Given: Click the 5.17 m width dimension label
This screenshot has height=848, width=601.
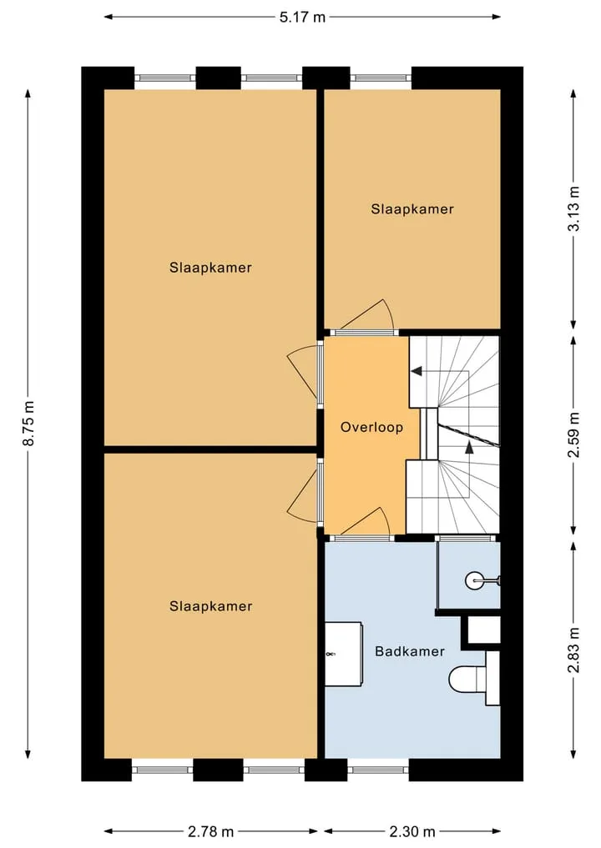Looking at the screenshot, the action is click(x=302, y=18).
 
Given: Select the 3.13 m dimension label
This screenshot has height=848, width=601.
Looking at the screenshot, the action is click(x=573, y=208).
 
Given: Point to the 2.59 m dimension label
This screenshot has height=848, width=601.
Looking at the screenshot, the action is click(x=573, y=434).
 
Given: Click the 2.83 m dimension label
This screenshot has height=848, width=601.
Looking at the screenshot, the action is click(x=573, y=650).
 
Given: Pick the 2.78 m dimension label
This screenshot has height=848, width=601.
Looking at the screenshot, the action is click(x=210, y=831).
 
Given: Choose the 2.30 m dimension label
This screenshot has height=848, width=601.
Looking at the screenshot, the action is click(x=412, y=831).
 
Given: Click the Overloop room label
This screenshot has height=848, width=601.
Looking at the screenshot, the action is click(x=371, y=427).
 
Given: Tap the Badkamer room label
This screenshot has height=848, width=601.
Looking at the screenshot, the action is click(x=410, y=651).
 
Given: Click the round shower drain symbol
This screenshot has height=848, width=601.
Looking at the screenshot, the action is click(x=473, y=581).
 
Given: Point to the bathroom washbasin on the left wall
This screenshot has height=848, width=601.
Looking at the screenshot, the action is click(x=343, y=654).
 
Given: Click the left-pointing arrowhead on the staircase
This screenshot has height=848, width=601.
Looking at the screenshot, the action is click(x=417, y=371).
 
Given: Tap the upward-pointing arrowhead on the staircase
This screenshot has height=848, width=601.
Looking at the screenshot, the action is click(x=469, y=447).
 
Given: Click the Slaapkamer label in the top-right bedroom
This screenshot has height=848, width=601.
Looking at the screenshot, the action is click(x=412, y=209).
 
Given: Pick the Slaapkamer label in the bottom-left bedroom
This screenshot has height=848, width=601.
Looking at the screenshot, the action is click(x=210, y=606).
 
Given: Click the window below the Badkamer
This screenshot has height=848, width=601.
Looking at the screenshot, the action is click(x=378, y=770).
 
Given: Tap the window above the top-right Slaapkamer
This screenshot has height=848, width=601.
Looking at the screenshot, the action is click(x=381, y=78).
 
